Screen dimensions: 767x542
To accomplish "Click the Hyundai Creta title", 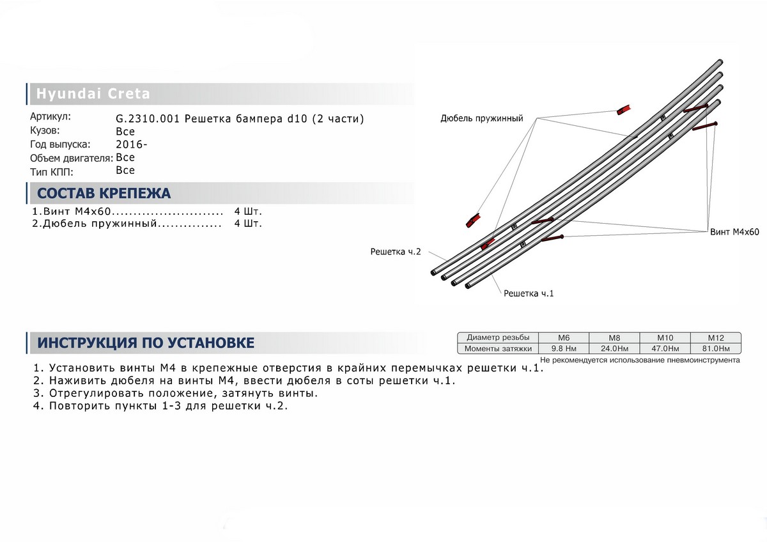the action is coord(93,93).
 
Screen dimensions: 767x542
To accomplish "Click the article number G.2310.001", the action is coord(148,119).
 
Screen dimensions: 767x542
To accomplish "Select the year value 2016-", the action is coord(132,144).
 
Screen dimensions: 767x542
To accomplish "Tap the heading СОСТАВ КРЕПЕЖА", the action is coord(104,193).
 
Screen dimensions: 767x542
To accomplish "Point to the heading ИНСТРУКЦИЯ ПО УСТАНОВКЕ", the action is coord(146,343).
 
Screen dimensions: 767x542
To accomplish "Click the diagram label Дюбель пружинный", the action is coord(482,118).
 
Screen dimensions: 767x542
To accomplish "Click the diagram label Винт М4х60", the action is coord(734,232).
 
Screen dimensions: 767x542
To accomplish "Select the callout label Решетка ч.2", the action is coord(396,252).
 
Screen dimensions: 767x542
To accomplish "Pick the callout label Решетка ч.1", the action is coord(529,293).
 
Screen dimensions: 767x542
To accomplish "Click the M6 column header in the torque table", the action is coord(564,338).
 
